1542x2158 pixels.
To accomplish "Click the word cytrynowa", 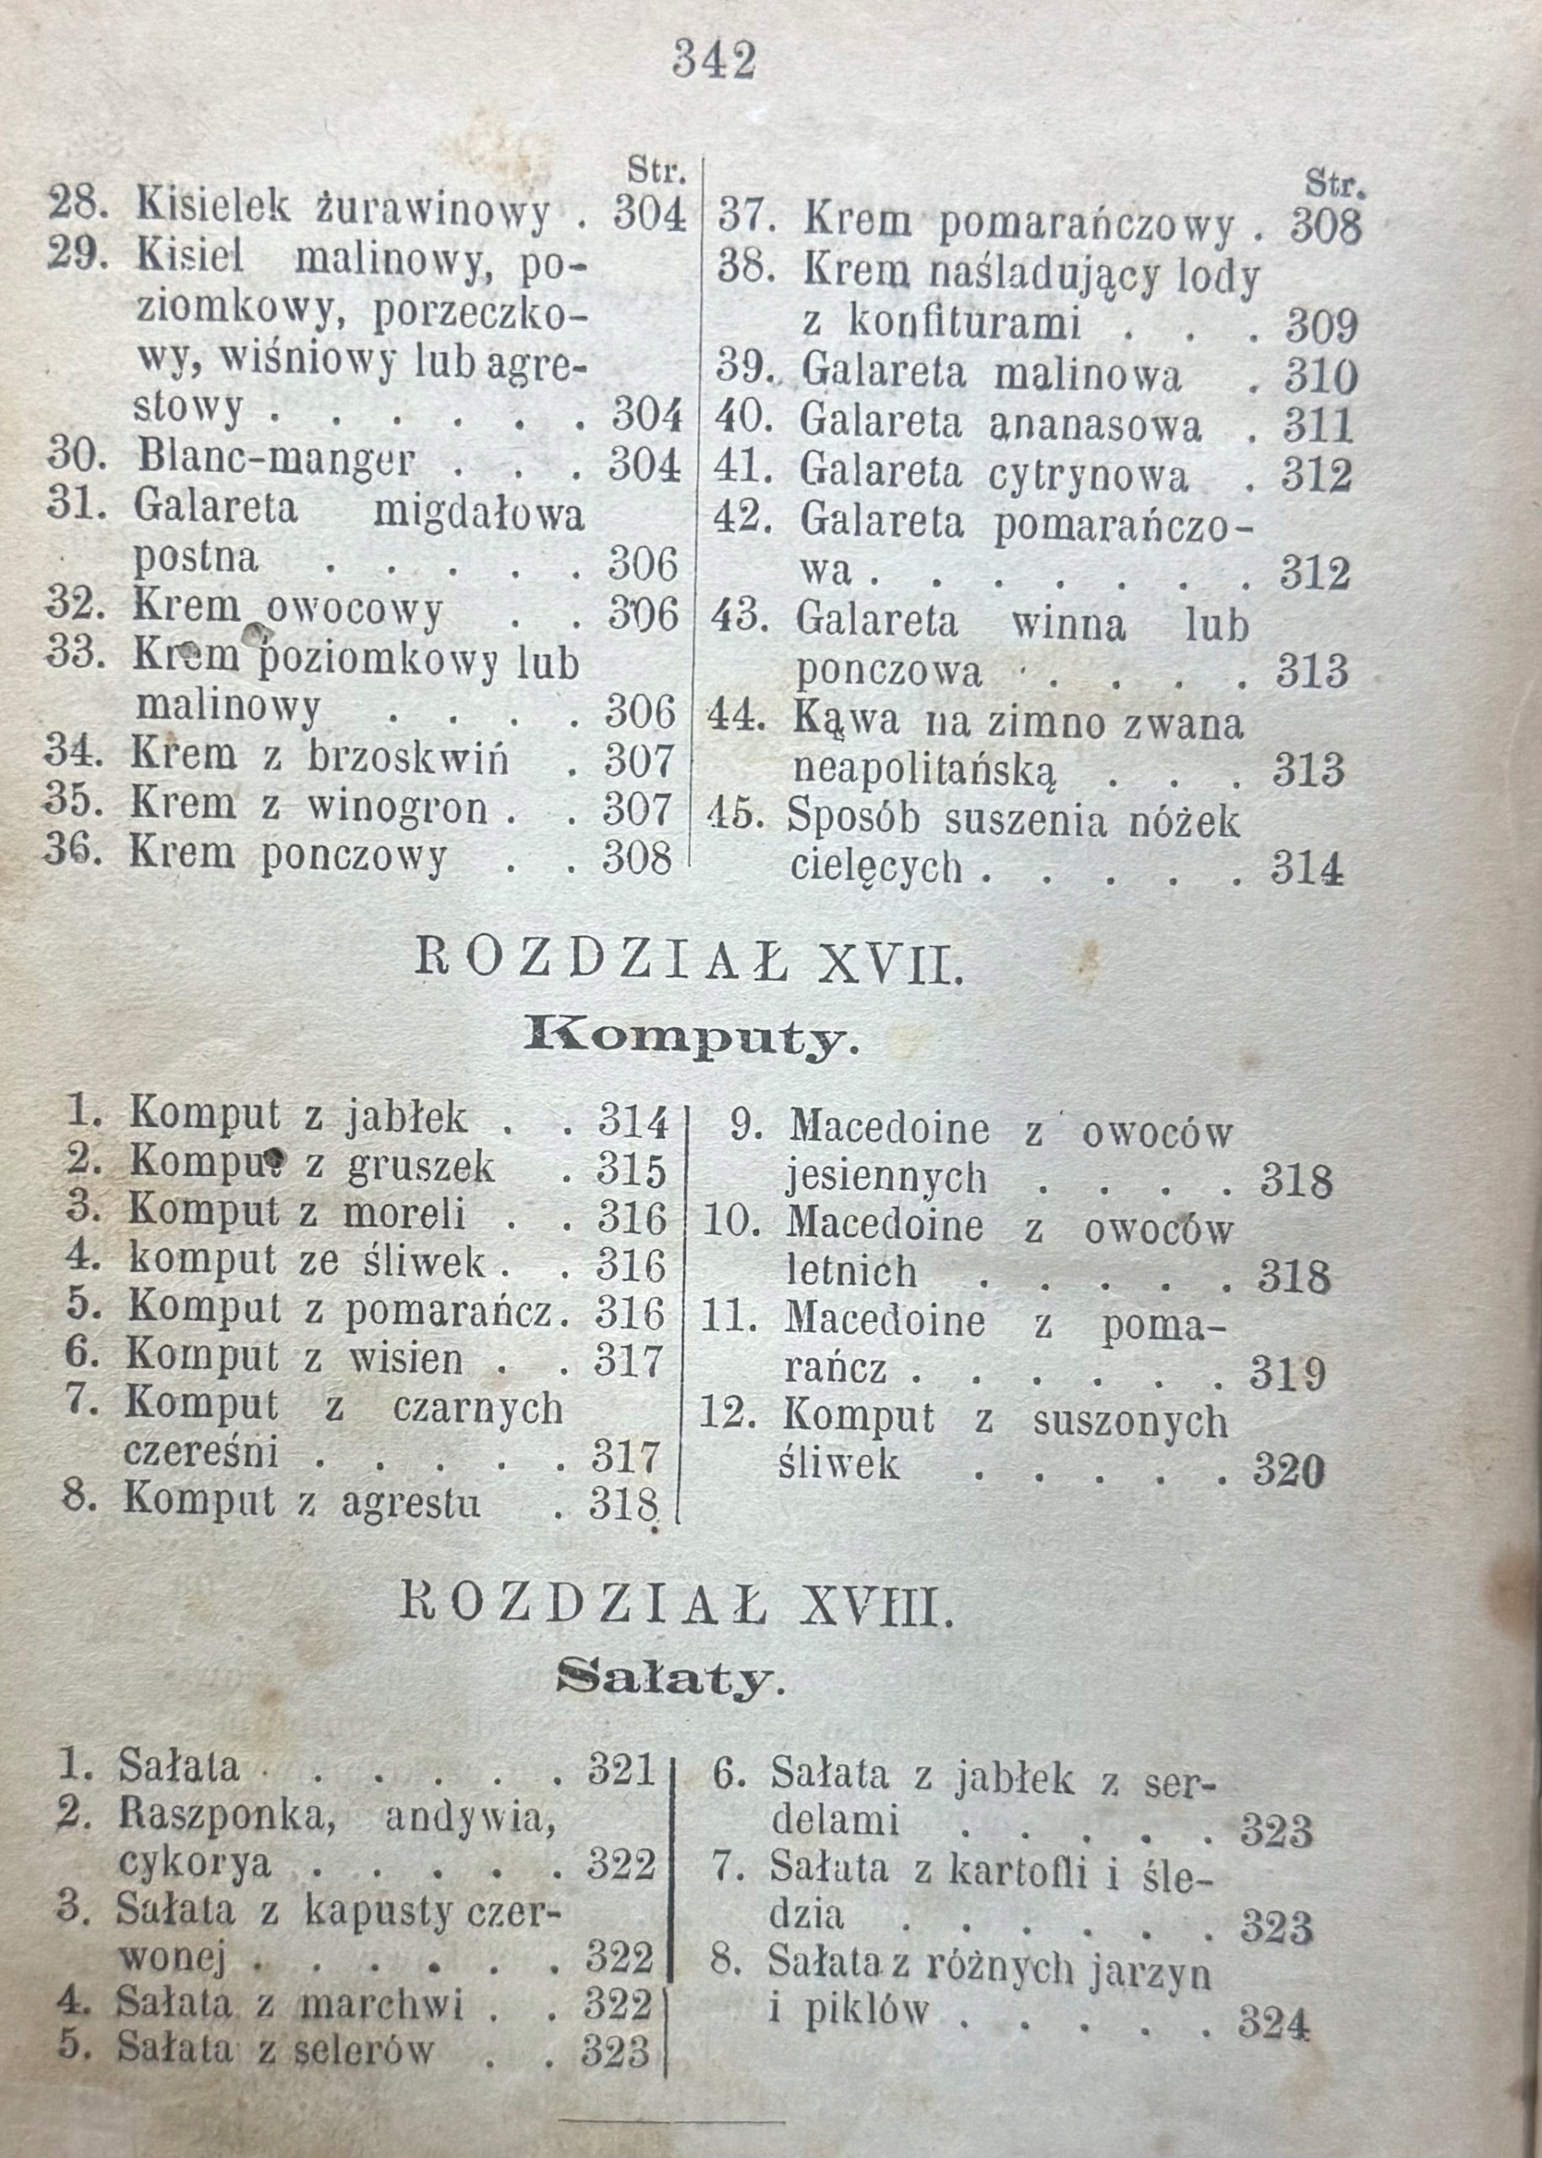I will (1088, 474).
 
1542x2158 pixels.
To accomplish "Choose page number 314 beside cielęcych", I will (1308, 868).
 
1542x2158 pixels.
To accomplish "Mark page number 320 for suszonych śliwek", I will (1288, 1471).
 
